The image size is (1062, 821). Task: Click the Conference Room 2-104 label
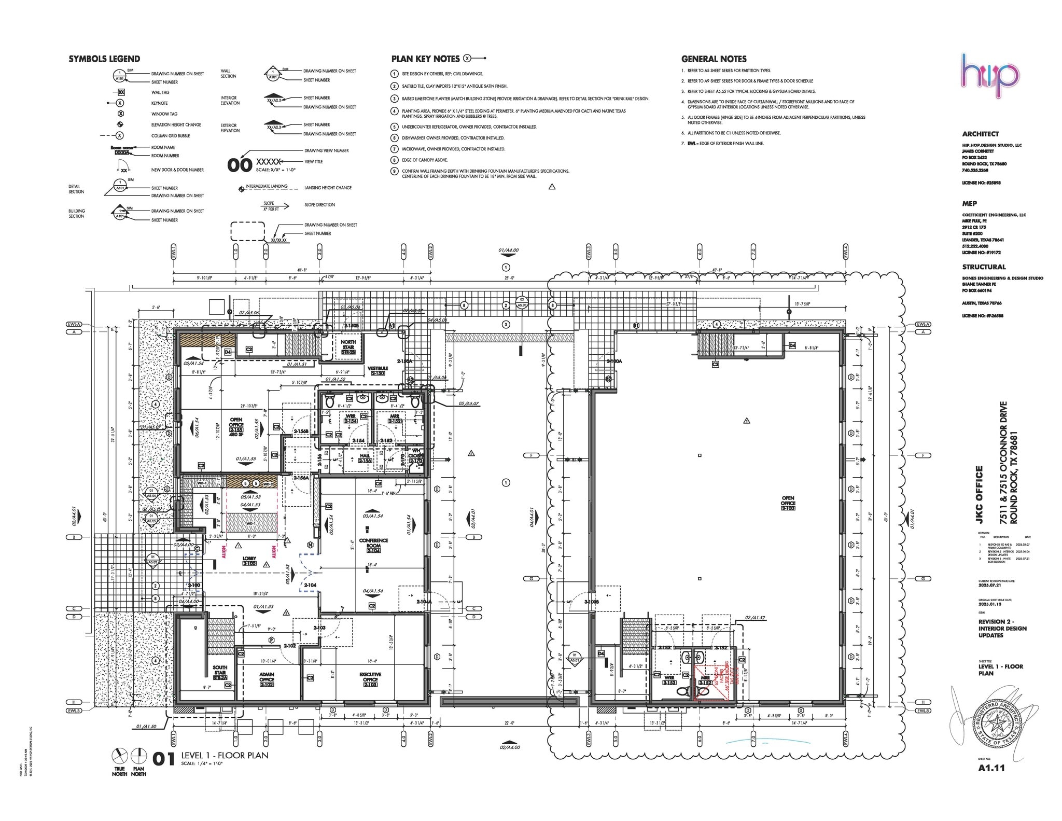coord(373,545)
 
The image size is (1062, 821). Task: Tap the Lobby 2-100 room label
coord(249,561)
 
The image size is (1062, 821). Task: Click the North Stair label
coord(348,347)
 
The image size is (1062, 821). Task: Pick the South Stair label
coord(220,672)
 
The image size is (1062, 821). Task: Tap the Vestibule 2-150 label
coord(378,371)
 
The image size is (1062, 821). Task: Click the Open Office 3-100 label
coord(788,503)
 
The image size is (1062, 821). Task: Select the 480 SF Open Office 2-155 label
coord(236,426)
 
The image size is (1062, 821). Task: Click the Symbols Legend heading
coord(104,59)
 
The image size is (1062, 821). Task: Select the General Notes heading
coord(714,59)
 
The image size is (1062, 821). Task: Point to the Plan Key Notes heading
coord(425,59)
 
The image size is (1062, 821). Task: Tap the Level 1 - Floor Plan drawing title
coord(225,756)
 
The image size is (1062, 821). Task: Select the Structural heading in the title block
coord(984,267)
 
